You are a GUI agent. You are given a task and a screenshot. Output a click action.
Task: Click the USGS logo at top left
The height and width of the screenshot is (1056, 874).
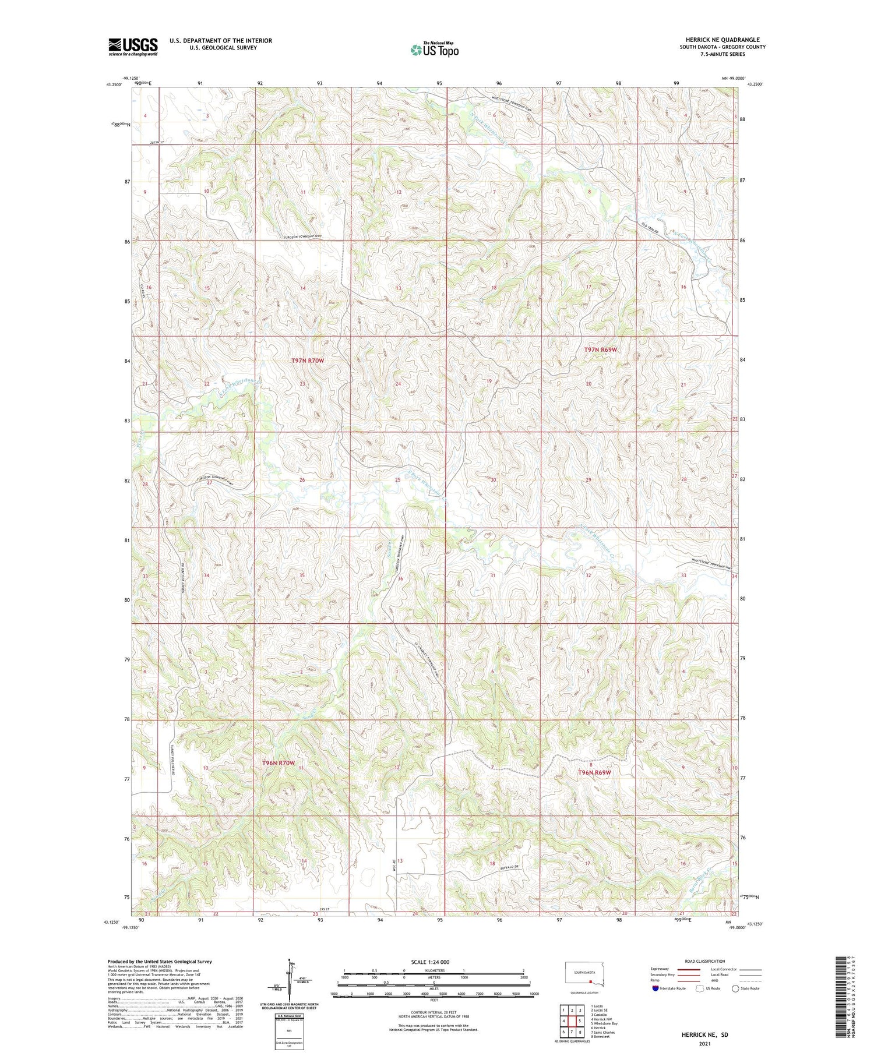pos(133,47)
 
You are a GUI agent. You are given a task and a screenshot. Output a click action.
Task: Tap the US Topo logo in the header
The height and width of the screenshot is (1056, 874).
pos(434,50)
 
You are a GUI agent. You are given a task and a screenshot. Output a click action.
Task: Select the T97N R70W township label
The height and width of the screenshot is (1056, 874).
pos(307,361)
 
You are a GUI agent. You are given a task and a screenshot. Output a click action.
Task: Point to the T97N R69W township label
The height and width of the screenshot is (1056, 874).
pos(600,349)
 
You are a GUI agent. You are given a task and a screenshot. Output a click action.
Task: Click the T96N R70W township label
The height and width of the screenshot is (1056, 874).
pos(279,762)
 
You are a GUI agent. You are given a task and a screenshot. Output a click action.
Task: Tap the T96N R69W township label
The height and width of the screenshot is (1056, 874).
pos(594,772)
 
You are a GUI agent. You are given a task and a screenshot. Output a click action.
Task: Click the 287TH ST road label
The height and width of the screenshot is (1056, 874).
pos(170,142)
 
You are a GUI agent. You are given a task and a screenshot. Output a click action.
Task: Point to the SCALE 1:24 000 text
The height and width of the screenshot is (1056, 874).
pos(430,962)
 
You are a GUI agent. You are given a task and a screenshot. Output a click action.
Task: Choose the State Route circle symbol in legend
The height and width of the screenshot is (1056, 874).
pos(735,988)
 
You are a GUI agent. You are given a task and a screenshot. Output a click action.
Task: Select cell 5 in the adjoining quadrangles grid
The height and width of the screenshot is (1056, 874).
pos(580,1021)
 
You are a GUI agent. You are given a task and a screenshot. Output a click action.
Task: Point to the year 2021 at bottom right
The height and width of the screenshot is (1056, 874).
pos(704,1044)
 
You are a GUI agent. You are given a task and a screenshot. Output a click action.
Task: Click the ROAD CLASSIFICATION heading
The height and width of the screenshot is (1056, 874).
pos(705,961)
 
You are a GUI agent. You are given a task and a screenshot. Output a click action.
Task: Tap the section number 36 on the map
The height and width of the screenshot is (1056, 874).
pos(400,579)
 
